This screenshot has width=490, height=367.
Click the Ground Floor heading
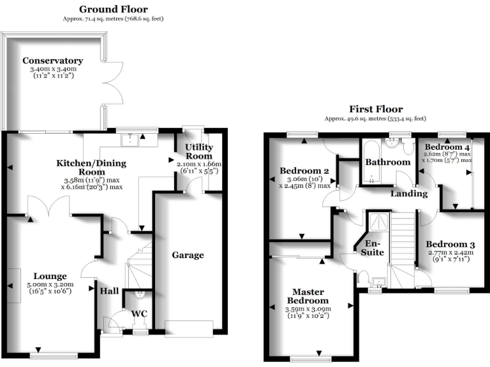tap(113, 10)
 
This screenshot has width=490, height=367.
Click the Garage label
tap(188, 255)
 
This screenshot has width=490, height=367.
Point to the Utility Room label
tap(198, 152)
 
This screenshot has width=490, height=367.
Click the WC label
tap(139, 313)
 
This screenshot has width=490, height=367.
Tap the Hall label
tap(108, 291)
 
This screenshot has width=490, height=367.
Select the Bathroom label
tap(387, 162)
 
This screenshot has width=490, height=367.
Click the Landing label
tap(408, 193)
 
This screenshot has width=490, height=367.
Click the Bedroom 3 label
tap(450, 244)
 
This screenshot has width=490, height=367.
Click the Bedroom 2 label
tap(304, 171)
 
